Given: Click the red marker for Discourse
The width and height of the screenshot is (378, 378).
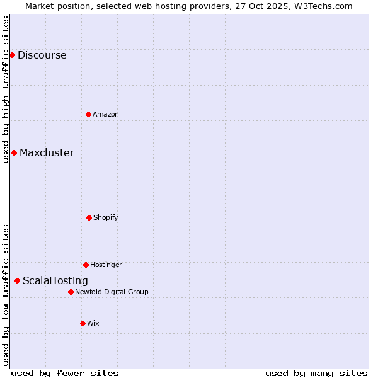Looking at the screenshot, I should [12, 55].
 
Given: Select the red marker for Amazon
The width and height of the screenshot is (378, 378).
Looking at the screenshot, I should [88, 114].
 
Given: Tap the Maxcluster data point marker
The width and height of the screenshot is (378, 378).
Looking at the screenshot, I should [14, 152].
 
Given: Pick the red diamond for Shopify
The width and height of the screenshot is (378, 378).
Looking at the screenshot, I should [89, 217].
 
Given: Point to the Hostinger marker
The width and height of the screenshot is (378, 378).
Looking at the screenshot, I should [86, 265].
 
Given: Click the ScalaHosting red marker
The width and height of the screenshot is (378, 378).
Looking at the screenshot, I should [17, 280].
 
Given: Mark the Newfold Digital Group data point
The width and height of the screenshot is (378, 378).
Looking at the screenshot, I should [71, 292].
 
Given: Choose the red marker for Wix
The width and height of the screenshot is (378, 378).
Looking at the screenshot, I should [83, 323].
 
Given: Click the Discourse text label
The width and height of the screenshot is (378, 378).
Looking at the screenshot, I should [42, 55].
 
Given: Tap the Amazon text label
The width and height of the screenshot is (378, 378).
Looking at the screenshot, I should [106, 114].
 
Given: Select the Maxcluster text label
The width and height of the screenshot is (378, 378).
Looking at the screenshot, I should [47, 152].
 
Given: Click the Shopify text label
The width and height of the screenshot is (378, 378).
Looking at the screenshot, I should [106, 217].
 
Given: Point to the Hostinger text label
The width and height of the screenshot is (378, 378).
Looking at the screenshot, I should [106, 265].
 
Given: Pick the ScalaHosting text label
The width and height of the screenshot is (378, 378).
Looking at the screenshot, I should [55, 280].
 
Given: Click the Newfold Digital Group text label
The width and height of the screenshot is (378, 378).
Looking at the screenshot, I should [112, 292].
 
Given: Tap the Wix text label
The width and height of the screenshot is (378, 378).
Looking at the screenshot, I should [93, 323].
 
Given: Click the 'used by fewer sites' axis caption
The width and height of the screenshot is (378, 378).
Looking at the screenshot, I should [65, 373].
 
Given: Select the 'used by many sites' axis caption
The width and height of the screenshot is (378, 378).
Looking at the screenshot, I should [316, 373].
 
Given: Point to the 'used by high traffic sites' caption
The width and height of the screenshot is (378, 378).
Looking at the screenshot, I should [6, 89].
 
